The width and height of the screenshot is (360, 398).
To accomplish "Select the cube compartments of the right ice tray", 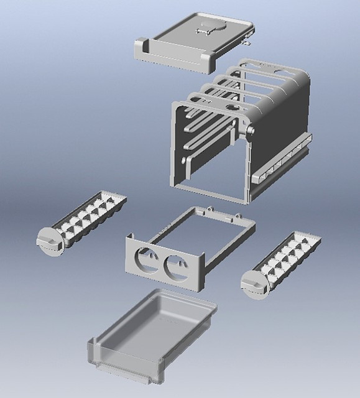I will pyautogui.click(x=289, y=256).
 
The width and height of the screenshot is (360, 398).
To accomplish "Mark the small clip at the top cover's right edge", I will pyautogui.click(x=248, y=43).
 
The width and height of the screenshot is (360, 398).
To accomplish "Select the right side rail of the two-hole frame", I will pyautogui.click(x=230, y=246).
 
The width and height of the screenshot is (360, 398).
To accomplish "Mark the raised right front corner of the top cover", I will pyautogui.click(x=208, y=63).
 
